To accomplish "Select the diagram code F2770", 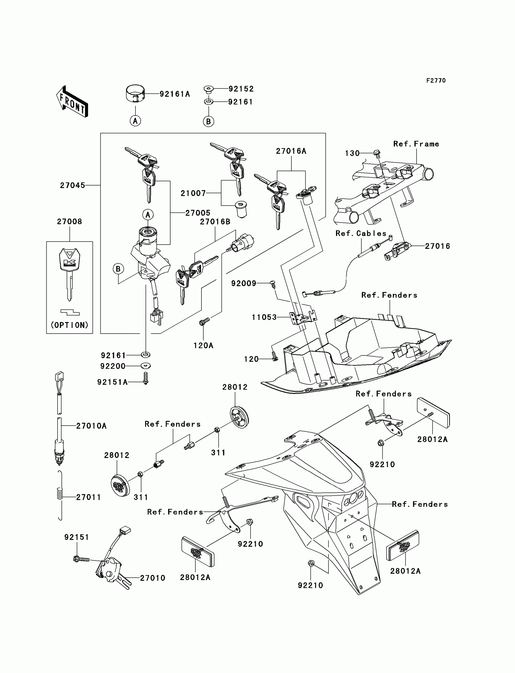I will [x=436, y=81].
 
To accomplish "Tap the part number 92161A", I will [x=175, y=94].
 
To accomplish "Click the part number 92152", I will [x=241, y=89].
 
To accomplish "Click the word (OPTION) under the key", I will [x=70, y=325].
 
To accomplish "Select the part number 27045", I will [x=72, y=185].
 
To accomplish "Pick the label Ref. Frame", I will [x=416, y=144].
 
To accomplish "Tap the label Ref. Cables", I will [x=361, y=233].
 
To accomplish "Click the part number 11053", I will [x=264, y=317].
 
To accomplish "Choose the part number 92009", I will [x=243, y=283].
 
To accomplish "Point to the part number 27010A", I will [x=91, y=426].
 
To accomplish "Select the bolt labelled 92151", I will [x=81, y=559].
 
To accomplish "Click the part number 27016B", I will [x=215, y=222].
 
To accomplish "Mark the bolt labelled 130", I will [x=377, y=153].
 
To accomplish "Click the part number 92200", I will [x=113, y=366].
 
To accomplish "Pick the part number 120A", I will [x=203, y=345].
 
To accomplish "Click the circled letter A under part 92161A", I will [x=135, y=121].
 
